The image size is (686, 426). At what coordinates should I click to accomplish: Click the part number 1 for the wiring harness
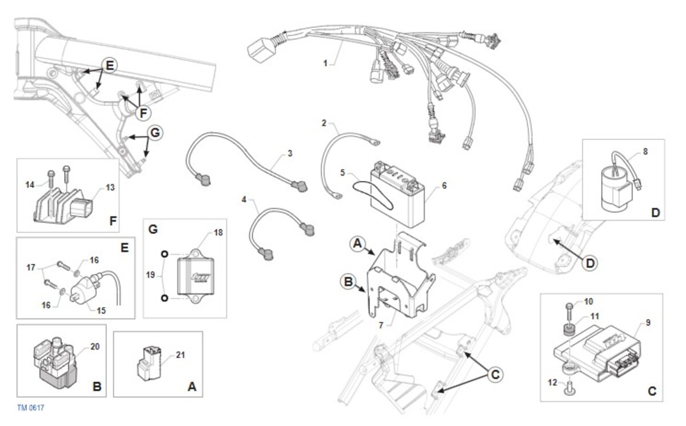325,63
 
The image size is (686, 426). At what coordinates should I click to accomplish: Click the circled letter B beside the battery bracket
348,281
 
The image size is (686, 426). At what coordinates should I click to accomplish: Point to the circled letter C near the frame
495,375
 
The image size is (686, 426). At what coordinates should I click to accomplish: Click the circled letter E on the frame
109,65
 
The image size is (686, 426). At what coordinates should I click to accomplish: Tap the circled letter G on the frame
154,133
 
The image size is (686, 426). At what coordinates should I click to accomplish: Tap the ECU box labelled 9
597,353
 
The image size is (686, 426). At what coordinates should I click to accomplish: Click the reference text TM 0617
30,408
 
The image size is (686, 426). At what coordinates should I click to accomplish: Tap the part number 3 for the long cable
290,153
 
